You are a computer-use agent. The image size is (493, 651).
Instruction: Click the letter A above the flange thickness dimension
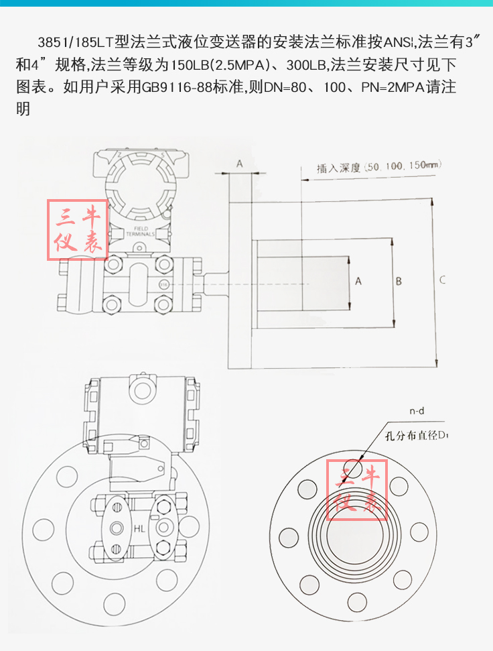pyautogui.click(x=239, y=163)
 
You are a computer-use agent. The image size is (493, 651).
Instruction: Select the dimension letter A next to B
pyautogui.click(x=358, y=281)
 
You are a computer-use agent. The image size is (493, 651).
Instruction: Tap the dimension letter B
pyautogui.click(x=399, y=281)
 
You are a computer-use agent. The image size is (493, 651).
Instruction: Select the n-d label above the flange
pyautogui.click(x=417, y=411)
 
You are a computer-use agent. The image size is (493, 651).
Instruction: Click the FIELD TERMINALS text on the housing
pyautogui.click(x=140, y=232)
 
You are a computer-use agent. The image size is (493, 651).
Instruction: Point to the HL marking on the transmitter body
pyautogui.click(x=139, y=529)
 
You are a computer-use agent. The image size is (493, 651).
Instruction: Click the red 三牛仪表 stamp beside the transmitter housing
pyautogui.click(x=76, y=230)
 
